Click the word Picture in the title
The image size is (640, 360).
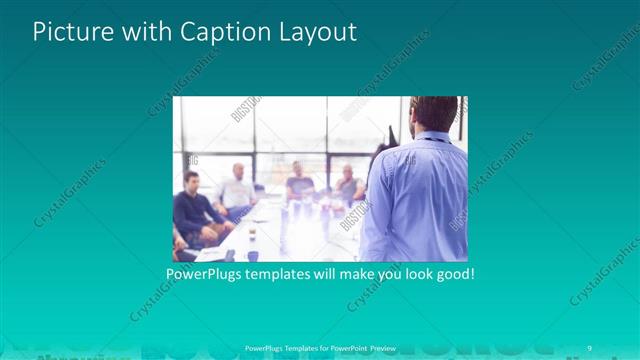(68, 32)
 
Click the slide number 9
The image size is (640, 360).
(590, 347)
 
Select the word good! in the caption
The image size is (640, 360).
(453, 273)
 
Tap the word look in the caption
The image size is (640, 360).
(410, 273)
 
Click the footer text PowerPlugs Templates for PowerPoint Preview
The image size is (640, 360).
(319, 347)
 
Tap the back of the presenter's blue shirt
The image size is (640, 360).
(415, 195)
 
